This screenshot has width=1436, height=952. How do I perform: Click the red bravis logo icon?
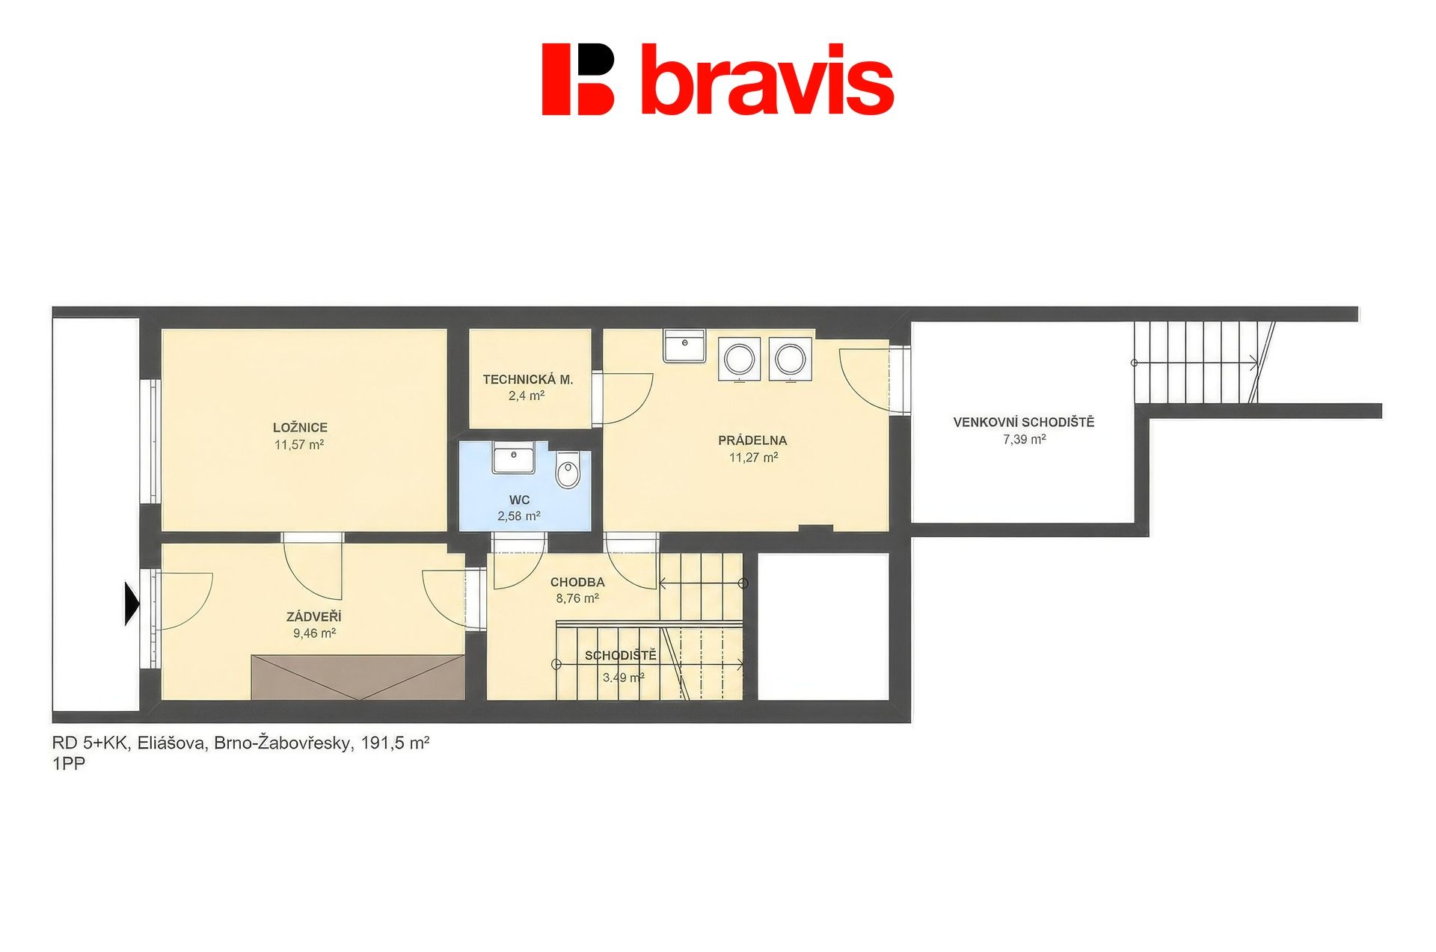[x=577, y=79]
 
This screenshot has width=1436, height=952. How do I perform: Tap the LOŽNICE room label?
[x=300, y=428]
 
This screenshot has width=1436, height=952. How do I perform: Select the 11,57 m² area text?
[x=299, y=445]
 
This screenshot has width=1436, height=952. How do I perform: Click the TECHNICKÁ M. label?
[x=528, y=379]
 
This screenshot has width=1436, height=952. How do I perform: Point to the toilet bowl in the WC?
[x=568, y=470]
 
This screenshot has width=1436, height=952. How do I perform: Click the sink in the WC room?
[x=513, y=457]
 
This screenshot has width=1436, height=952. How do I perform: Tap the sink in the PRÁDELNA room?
[x=684, y=346]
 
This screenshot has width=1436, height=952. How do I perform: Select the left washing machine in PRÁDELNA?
[x=740, y=359]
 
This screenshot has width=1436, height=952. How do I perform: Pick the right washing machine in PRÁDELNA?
[x=791, y=359]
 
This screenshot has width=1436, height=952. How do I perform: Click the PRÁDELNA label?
[x=752, y=440]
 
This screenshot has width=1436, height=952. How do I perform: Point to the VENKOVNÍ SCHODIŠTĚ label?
[x=1024, y=422]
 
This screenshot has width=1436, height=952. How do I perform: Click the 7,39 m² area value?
[x=1025, y=439]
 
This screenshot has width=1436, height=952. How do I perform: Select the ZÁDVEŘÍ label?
[x=314, y=616]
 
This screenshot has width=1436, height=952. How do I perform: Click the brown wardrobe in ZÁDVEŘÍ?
[x=358, y=678]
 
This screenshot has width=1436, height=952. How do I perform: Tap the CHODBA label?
[x=577, y=582]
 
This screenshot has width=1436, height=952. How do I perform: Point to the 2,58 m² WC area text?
[x=519, y=516]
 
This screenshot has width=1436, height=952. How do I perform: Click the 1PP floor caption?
[x=69, y=764]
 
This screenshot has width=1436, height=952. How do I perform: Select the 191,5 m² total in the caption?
[x=395, y=743]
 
